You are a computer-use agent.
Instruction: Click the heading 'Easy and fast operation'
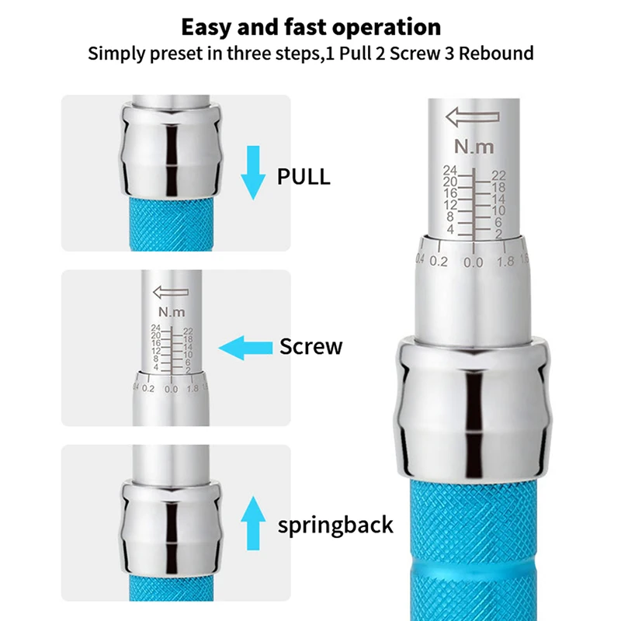point(311,27)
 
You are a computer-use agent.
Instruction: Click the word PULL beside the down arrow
point(304,177)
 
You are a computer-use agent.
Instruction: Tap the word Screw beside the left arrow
point(311,346)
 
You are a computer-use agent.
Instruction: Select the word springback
point(335,526)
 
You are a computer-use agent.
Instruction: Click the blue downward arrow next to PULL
point(253,172)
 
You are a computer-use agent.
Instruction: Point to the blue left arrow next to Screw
point(245,348)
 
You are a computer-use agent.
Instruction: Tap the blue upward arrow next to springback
point(253,522)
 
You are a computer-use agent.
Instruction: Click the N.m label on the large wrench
point(474,147)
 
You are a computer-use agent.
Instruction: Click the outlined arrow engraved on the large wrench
point(473,117)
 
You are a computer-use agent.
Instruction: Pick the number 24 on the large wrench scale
point(450,170)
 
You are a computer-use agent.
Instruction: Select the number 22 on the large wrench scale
point(498,175)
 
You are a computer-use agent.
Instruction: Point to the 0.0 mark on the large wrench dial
point(474,262)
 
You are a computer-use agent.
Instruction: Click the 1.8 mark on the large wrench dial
point(506,261)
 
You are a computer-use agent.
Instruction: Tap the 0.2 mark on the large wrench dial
point(439,262)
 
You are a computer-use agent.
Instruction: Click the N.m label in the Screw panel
point(172,312)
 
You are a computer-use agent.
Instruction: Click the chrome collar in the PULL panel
point(171,150)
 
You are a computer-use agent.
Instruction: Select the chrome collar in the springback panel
point(171,528)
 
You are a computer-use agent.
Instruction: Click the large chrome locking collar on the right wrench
point(473,408)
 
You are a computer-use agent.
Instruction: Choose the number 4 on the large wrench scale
point(450,229)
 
